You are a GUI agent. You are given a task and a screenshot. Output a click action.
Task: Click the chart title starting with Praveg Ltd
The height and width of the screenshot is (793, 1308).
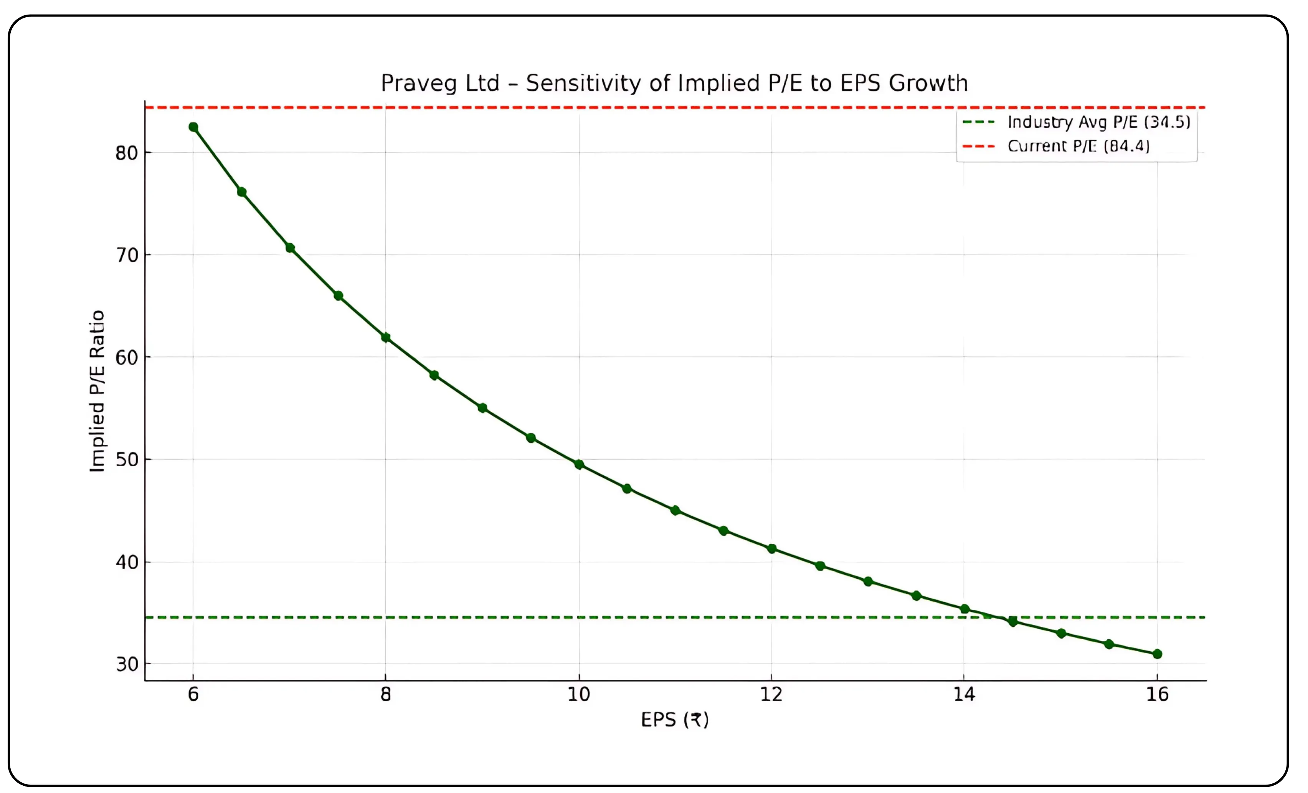pyautogui.click(x=674, y=83)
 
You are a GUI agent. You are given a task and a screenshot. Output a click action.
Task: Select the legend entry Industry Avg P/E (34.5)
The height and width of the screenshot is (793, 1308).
pyautogui.click(x=1098, y=122)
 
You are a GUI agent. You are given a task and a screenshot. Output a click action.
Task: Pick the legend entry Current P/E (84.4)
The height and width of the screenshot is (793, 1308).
pyautogui.click(x=1078, y=146)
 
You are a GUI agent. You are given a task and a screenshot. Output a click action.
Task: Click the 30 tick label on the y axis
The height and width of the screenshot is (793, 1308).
pyautogui.click(x=126, y=664)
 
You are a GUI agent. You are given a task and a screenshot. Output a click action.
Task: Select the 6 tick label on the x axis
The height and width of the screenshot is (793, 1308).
pyautogui.click(x=193, y=695)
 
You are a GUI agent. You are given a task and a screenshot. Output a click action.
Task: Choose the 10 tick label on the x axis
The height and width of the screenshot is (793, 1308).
pyautogui.click(x=579, y=695)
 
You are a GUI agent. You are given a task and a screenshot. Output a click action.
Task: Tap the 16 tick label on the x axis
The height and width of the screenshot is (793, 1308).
pyautogui.click(x=1157, y=695)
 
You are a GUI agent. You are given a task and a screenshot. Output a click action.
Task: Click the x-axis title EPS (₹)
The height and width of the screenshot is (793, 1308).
pyautogui.click(x=675, y=720)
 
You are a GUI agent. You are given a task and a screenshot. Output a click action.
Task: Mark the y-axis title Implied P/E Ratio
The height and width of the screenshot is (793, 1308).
pyautogui.click(x=97, y=391)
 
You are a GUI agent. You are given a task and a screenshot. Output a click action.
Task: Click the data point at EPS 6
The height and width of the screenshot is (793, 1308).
pyautogui.click(x=193, y=127)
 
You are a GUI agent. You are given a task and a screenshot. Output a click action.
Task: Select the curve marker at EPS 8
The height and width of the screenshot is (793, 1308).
pyautogui.click(x=386, y=337)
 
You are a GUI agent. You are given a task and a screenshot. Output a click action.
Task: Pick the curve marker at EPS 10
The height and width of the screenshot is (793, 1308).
pyautogui.click(x=579, y=465)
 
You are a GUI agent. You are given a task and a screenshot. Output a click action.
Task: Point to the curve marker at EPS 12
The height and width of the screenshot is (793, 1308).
pyautogui.click(x=772, y=549)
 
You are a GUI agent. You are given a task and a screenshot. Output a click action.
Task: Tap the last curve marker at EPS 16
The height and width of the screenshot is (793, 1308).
pyautogui.click(x=1157, y=654)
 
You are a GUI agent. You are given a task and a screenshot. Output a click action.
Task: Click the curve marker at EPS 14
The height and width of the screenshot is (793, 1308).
pyautogui.click(x=964, y=609)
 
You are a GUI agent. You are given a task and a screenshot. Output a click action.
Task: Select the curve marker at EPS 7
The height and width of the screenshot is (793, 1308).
pyautogui.click(x=290, y=248)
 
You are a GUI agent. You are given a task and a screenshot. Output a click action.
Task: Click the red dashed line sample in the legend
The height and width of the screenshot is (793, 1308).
pyautogui.click(x=978, y=146)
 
